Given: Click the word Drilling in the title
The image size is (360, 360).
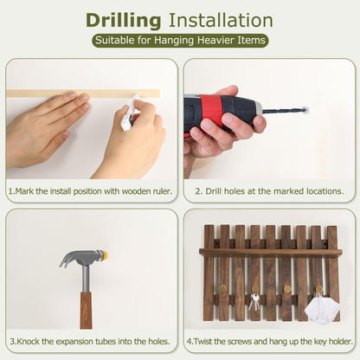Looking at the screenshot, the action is pyautogui.click(x=123, y=21).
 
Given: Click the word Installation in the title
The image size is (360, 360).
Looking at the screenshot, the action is pyautogui.click(x=221, y=20).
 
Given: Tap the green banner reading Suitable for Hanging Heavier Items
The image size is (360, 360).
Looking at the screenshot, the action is pyautogui.click(x=180, y=41).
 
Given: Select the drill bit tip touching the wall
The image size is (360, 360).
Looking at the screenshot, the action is pyautogui.click(x=306, y=110).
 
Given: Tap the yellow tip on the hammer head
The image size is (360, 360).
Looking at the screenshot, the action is pyautogui.click(x=104, y=254).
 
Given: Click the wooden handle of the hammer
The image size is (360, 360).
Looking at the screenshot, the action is pyautogui.click(x=86, y=310).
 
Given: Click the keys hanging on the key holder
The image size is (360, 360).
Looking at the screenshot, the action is pyautogui.click(x=254, y=301).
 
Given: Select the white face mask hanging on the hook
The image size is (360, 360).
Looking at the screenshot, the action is pyautogui.click(x=322, y=309).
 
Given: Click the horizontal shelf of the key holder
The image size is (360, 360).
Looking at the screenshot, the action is pyautogui.click(x=271, y=253).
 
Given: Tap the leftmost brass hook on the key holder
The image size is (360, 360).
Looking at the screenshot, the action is pyautogui.click(x=223, y=288).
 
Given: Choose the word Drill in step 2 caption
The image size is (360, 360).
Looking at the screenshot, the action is pyautogui.click(x=214, y=191).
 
